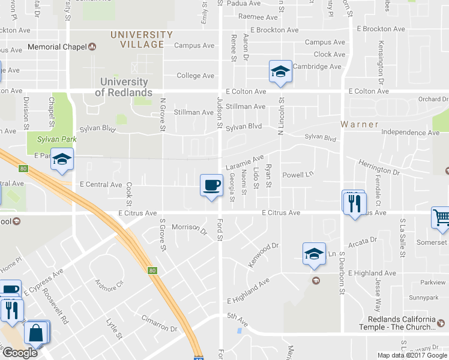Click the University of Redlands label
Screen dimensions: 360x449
pos(124,87)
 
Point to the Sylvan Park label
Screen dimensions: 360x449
pos(49,139)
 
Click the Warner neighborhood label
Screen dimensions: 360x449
pos(360,125)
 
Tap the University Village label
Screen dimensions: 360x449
pos(142,40)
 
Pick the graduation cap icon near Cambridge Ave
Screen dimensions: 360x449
pos(280,71)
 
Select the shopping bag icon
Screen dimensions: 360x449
pos(36,332)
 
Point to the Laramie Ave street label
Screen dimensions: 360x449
pos(245,162)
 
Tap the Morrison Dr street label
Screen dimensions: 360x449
pos(189,227)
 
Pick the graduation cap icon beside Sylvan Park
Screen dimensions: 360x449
pos(62,159)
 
